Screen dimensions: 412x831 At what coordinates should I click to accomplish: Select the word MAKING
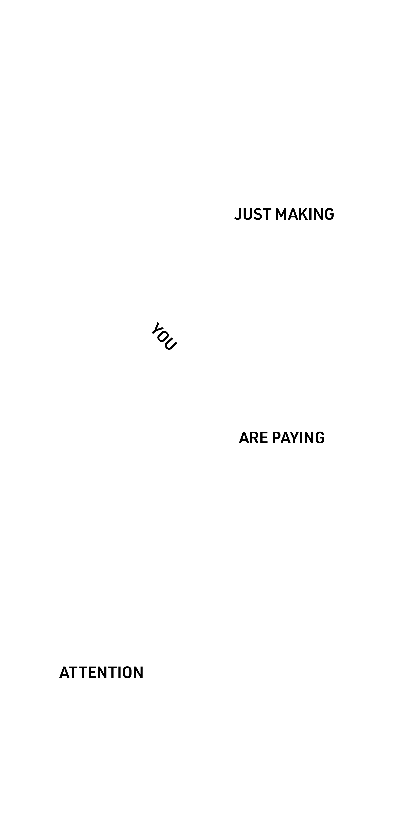point(305,214)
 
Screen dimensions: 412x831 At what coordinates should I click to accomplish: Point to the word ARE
point(253,438)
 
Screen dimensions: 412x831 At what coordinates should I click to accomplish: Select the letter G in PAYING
point(320,438)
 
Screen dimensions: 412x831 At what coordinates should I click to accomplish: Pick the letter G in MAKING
point(329,214)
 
